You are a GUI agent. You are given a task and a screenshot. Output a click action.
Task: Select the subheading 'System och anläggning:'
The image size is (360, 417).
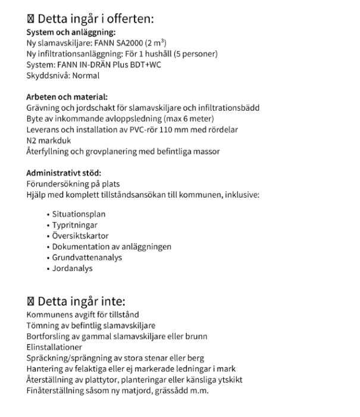[71, 33]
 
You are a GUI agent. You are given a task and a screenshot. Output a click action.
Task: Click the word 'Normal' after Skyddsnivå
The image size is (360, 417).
[85, 76]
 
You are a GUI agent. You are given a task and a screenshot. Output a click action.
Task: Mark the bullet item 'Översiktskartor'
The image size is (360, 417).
[80, 236]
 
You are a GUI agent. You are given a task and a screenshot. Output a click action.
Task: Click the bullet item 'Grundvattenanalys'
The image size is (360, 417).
[87, 257]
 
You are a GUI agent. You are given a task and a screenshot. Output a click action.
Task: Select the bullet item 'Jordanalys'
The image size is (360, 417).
[72, 268]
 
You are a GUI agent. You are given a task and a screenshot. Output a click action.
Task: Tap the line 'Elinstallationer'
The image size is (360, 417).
[54, 347]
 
